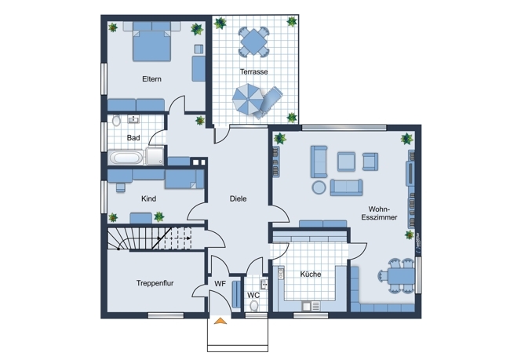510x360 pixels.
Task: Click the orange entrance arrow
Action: click(x=220, y=321)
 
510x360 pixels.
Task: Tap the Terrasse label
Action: click(x=253, y=71)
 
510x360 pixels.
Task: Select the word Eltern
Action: click(x=151, y=79)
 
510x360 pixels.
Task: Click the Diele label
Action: click(x=238, y=198)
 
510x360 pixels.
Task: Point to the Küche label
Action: click(x=311, y=275)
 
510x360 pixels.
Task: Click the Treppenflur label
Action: click(x=155, y=283)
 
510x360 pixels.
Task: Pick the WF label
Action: click(x=220, y=284)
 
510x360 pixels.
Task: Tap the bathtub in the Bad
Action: click(x=126, y=158)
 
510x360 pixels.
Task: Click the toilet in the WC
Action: click(x=254, y=306)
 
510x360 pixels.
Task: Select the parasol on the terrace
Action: click(x=247, y=99)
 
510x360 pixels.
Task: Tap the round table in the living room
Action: click(x=319, y=187)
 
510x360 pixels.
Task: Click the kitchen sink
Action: click(x=311, y=306)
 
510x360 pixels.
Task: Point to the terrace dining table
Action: click(x=253, y=42)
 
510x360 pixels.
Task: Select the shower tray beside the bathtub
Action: click(x=155, y=156)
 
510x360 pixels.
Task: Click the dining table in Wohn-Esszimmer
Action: click(x=401, y=276)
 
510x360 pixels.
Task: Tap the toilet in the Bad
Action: click(x=116, y=121)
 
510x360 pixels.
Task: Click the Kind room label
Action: click(x=148, y=198)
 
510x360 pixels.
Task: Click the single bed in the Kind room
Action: click(x=184, y=179)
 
